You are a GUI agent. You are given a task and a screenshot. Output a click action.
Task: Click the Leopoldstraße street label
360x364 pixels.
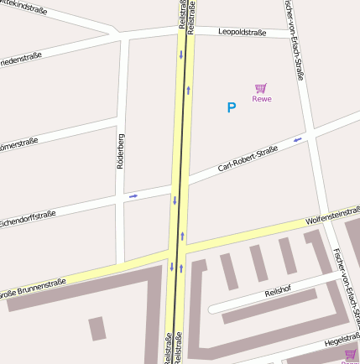pos(242,33)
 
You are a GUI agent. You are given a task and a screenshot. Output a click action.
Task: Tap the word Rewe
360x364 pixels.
pos(262,99)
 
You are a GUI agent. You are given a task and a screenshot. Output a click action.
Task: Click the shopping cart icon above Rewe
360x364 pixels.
pos(261,88)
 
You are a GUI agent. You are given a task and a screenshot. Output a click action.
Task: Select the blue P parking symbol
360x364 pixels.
pos(232,107)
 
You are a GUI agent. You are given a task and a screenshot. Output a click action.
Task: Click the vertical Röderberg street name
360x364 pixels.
pos(121,150)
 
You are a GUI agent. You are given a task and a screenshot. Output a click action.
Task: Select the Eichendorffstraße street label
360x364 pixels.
pos(27,220)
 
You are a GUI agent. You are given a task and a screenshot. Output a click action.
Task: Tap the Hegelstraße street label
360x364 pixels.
pos(342,341)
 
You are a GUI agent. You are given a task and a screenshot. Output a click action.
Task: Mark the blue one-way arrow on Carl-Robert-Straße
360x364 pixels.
pos(298,139)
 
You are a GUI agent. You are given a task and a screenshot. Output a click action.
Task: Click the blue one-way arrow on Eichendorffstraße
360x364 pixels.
pos(133,196)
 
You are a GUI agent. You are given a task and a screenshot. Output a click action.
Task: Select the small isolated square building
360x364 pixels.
pos(98,328)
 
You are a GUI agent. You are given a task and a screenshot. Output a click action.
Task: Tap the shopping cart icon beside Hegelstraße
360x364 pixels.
pos(350,355)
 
